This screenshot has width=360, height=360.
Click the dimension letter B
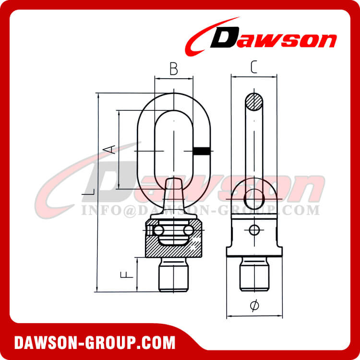174,70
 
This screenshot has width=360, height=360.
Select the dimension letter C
254,68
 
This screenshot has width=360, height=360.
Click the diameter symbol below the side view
254,305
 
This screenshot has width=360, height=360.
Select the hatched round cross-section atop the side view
254,102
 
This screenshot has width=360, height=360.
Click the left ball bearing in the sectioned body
157,231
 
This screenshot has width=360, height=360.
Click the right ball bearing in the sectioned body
189,231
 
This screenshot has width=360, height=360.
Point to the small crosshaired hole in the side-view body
254,230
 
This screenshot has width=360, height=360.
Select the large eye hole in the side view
254,195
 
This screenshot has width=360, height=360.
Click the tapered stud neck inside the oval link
173,194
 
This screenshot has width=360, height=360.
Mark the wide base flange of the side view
254,252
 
